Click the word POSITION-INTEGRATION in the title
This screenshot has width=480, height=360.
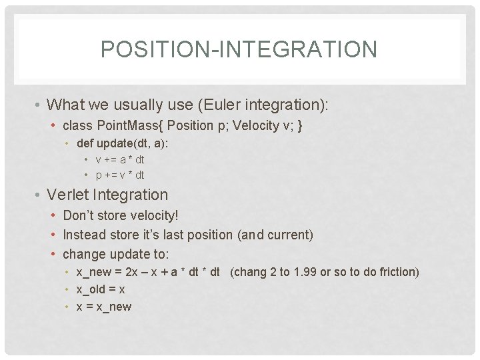[x=239, y=49]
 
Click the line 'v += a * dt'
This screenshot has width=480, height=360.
[x=120, y=159]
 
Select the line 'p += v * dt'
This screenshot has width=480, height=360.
[x=120, y=175]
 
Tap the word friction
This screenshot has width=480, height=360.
[x=397, y=272]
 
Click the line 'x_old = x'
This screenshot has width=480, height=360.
[x=101, y=289]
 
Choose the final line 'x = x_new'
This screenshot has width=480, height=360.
[x=104, y=307]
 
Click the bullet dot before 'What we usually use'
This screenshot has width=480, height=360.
[x=39, y=105]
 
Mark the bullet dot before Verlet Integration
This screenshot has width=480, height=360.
[x=39, y=195]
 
